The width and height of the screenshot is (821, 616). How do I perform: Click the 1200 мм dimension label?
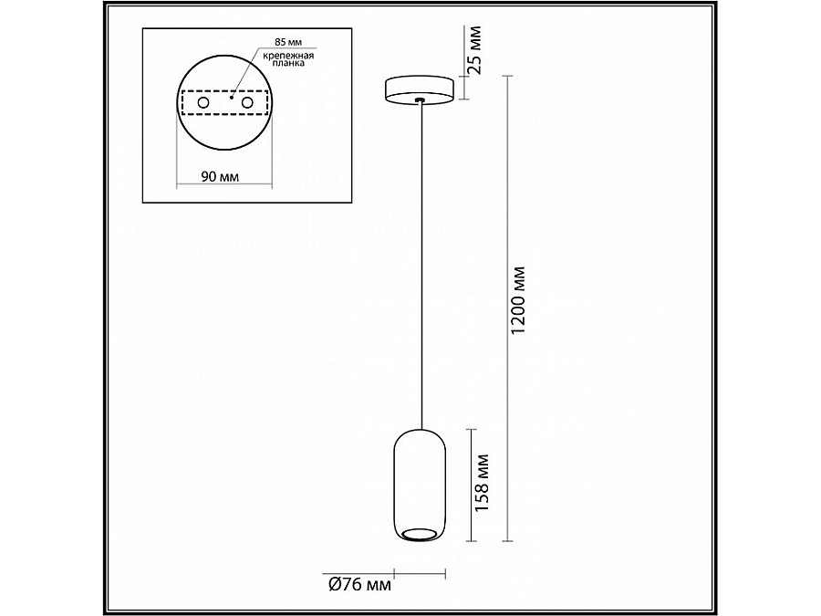(x=519, y=301)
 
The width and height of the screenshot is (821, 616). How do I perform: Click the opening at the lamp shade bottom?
(x=420, y=534)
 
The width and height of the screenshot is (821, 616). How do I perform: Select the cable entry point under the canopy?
(x=419, y=102)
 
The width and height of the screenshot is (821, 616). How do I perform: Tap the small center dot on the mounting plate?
(x=232, y=95)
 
